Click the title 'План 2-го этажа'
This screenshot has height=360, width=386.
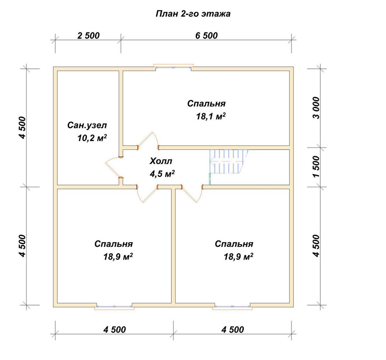pos(193,14)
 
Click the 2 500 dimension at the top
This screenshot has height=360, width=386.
pos(88,36)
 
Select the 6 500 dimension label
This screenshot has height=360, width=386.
pos(207,36)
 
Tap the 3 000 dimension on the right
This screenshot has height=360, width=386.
pos(317,108)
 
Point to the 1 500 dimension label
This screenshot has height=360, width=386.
pos(317,166)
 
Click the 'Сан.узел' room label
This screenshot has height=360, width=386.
pos(87,126)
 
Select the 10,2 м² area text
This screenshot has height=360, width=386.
pos(92,138)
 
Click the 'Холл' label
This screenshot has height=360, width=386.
pos(161,161)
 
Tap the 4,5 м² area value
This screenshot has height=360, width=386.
pos(162,174)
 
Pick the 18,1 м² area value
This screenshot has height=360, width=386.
pos(211,116)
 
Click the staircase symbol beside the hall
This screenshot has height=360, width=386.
pos(229,161)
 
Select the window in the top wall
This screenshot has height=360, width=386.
pos(173,67)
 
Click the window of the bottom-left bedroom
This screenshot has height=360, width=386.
pos(114,306)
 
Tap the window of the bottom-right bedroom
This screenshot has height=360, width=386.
pos(232,306)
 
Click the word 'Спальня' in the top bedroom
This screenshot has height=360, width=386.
pos(206,104)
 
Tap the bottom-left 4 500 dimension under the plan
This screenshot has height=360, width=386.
pos(115,330)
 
